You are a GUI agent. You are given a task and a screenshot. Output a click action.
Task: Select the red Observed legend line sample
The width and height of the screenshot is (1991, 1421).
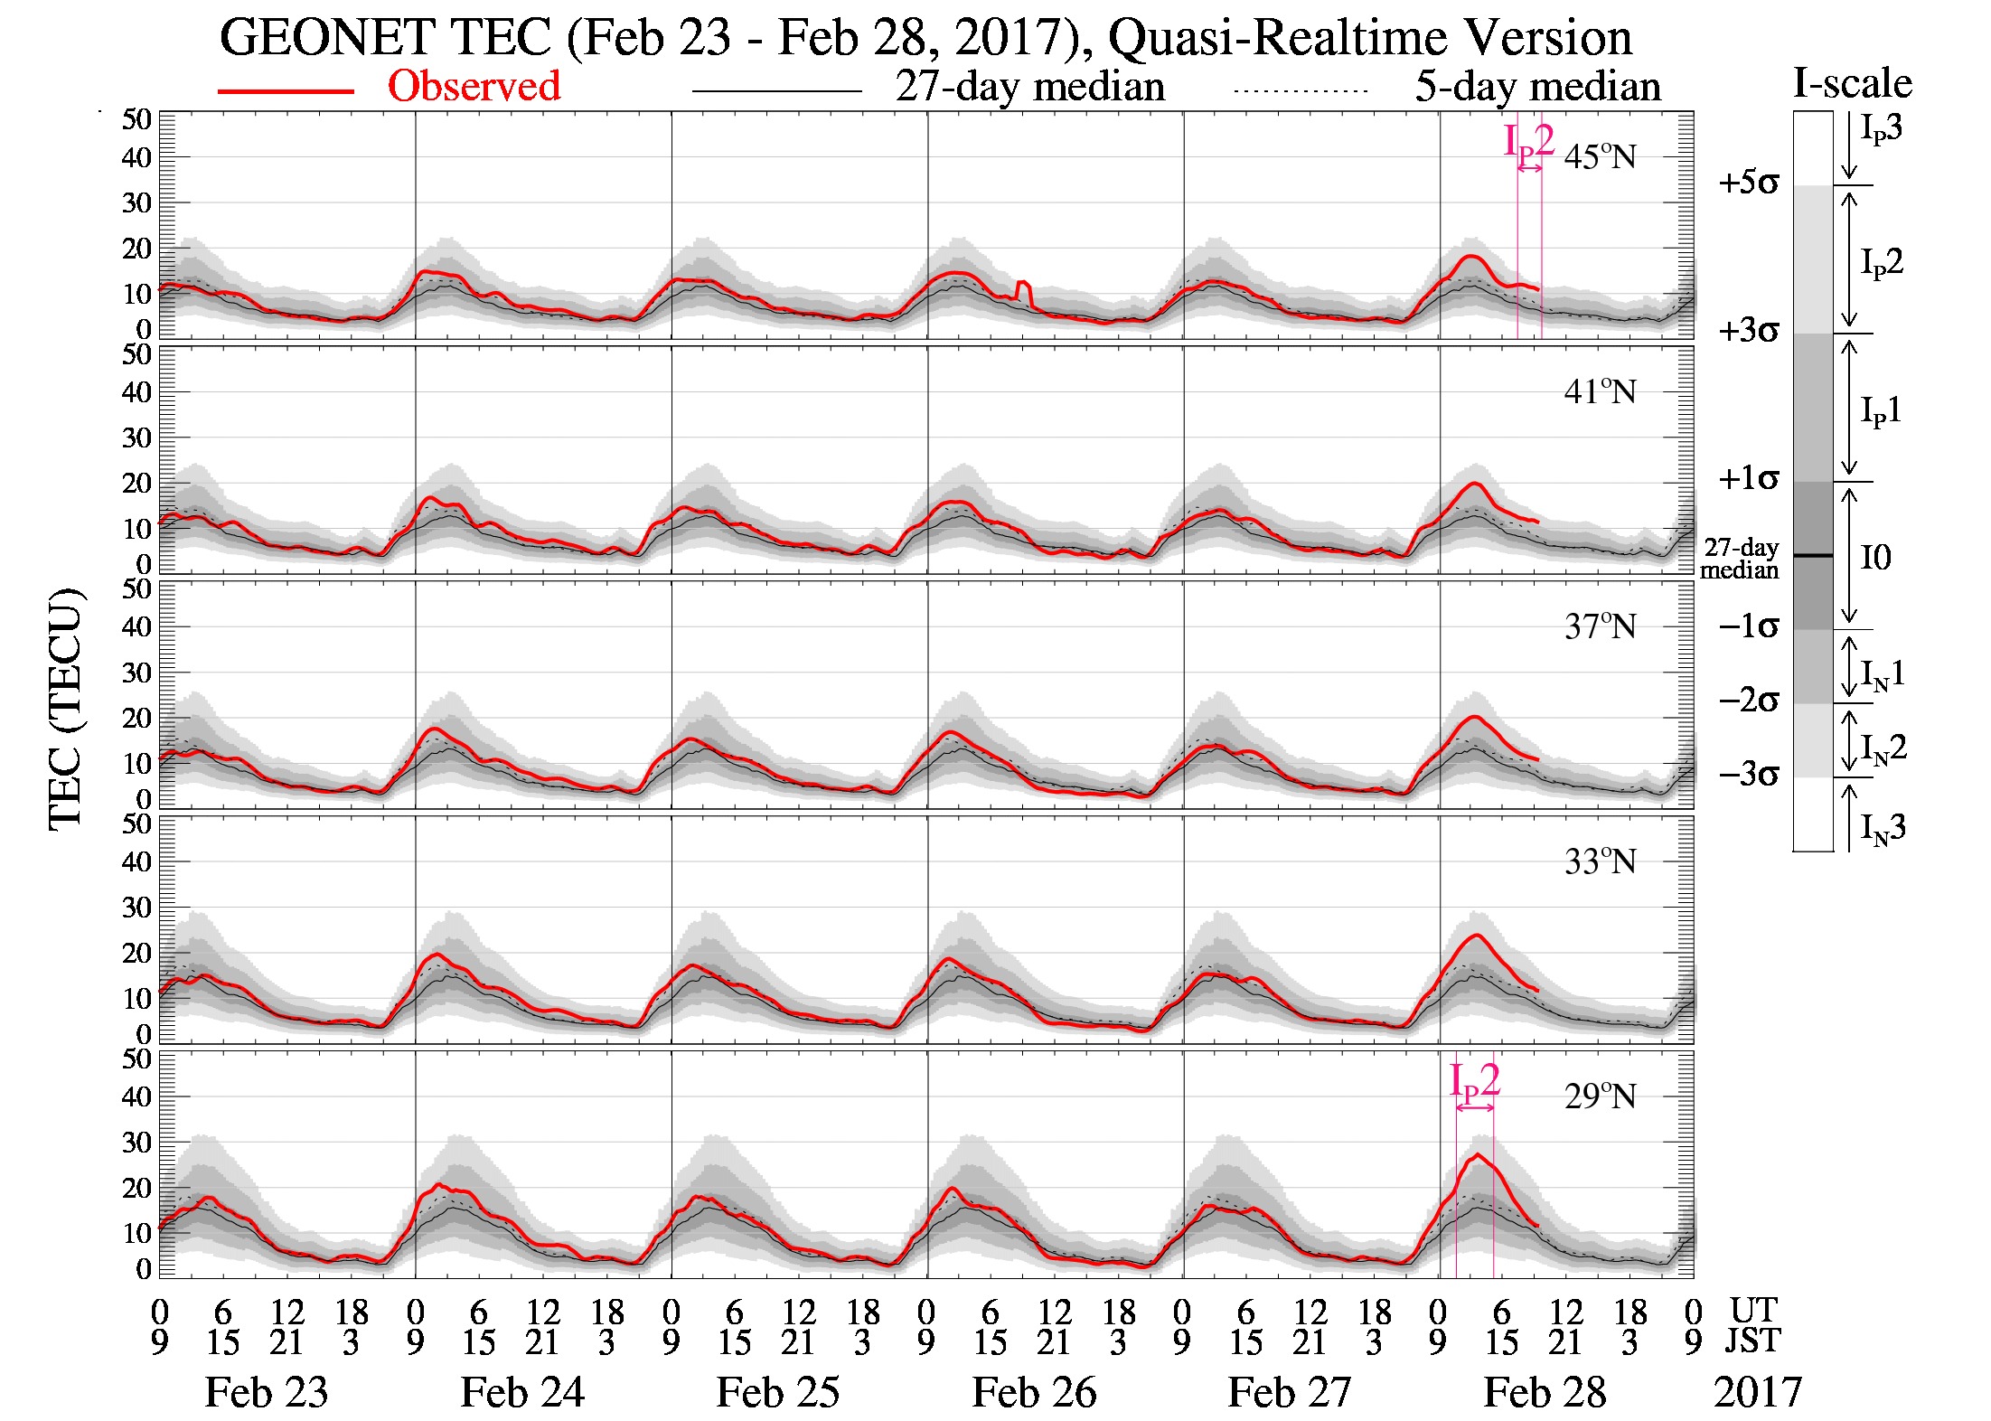point(285,91)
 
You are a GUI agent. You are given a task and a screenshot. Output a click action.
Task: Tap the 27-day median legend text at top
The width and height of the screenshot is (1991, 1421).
point(1029,88)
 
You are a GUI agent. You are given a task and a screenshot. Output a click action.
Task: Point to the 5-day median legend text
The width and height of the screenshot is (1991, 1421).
point(1537,88)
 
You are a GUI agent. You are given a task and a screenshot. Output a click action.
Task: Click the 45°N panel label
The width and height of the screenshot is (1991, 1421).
point(1600,157)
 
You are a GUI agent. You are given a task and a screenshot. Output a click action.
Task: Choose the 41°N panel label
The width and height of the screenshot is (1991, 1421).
point(1600,392)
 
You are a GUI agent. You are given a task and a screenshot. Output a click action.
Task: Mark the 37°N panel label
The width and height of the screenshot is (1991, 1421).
point(1600,626)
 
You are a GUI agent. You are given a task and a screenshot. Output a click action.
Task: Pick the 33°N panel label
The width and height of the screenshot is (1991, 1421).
point(1600,861)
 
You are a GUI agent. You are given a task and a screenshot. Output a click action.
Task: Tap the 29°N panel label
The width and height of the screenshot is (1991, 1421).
point(1600,1096)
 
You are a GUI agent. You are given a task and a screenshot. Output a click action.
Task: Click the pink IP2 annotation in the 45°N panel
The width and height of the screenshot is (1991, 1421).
point(1528,143)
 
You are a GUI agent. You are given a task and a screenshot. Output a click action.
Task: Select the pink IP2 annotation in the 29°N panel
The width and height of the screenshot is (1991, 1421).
point(1474,1082)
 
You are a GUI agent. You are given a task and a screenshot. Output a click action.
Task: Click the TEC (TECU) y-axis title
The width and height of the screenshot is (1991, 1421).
point(66,710)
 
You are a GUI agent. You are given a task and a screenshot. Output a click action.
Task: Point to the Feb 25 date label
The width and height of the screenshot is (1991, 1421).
point(777,1392)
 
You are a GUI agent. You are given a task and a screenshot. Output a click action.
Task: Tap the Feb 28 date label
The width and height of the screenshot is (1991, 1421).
point(1545,1392)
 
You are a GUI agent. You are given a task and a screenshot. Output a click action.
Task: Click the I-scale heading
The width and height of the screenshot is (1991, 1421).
point(1853,83)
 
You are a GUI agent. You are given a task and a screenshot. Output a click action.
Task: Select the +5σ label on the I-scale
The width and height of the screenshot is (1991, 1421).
point(1748,184)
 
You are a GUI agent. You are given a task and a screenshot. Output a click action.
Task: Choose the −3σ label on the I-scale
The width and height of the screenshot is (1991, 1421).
point(1748,776)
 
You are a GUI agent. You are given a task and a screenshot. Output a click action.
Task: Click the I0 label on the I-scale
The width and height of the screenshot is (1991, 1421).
point(1875,558)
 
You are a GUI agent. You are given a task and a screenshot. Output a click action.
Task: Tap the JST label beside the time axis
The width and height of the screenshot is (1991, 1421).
point(1753,1341)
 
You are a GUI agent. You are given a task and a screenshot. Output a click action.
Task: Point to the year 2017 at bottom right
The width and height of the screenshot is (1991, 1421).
point(1758,1392)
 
